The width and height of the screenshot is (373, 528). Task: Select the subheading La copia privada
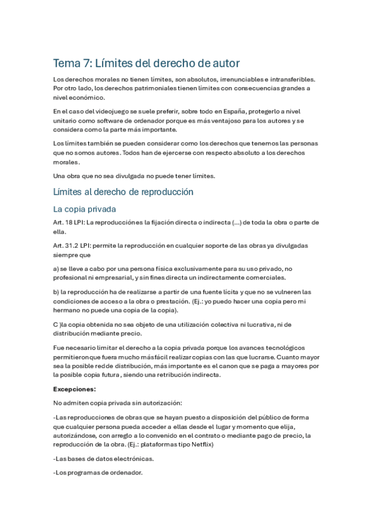tap(85, 209)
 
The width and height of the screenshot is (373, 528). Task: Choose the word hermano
tap(68, 310)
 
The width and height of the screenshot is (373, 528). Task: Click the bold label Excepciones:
tap(74, 390)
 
